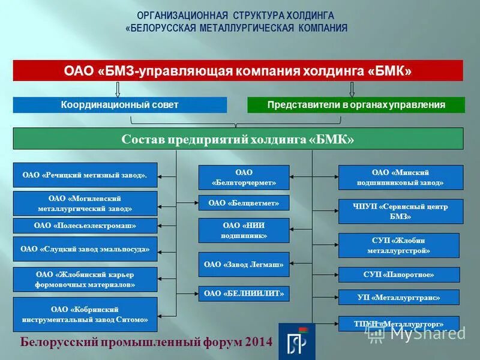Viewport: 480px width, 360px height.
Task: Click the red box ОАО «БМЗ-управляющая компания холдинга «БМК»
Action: click(x=238, y=71)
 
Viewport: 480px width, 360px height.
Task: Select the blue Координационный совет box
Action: click(x=120, y=105)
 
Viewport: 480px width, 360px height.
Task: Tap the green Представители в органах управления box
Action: click(x=356, y=105)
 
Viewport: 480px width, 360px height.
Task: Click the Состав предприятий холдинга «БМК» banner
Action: click(x=238, y=139)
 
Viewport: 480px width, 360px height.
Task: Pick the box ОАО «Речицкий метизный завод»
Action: click(x=85, y=175)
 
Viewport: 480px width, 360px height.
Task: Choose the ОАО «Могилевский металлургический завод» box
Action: click(x=85, y=203)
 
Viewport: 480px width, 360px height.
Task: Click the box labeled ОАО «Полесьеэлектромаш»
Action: click(x=85, y=226)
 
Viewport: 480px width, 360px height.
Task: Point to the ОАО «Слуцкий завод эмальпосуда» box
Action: click(x=85, y=248)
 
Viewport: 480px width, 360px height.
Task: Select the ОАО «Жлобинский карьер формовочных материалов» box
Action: click(x=85, y=280)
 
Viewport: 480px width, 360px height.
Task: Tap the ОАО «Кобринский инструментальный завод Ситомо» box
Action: click(x=85, y=314)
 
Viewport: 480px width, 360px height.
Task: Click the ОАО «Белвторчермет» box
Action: click(x=244, y=178)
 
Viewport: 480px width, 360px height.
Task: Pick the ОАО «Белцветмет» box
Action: click(x=244, y=203)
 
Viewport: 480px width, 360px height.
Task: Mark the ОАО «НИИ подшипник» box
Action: click(x=244, y=230)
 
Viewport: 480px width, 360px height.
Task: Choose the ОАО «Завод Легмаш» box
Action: click(x=244, y=264)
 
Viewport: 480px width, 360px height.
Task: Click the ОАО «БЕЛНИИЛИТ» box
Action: click(x=244, y=293)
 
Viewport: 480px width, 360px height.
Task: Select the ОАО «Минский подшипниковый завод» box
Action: click(x=401, y=178)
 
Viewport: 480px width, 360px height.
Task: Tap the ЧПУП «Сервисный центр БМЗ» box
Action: click(x=401, y=211)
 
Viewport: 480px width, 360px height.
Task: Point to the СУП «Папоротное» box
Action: click(x=399, y=275)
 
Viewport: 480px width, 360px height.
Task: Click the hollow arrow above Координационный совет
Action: click(x=118, y=89)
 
